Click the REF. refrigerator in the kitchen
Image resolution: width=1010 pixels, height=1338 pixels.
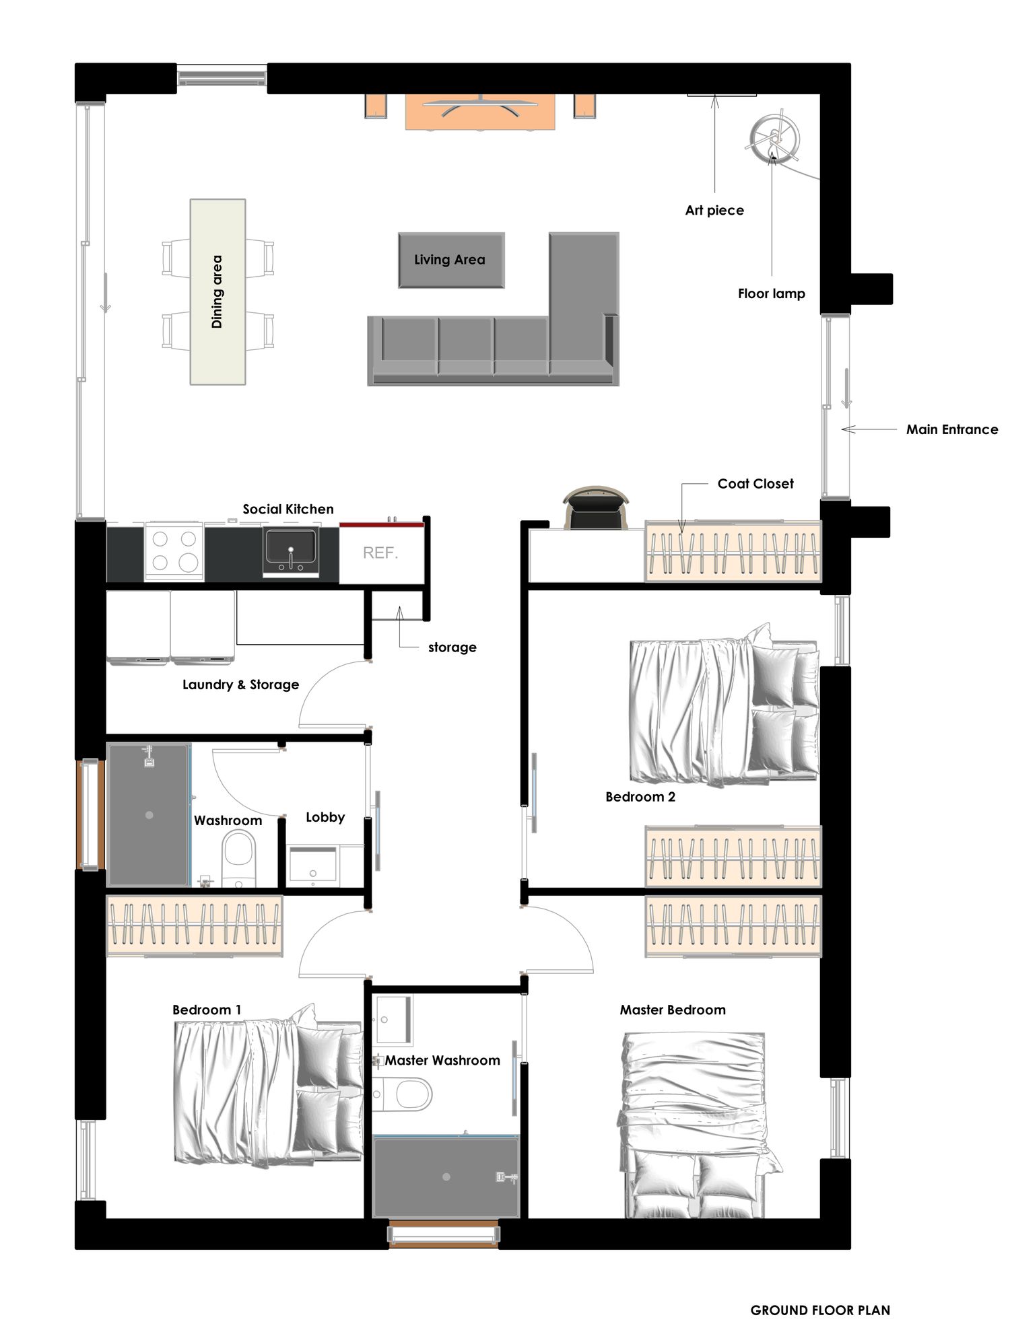pyautogui.click(x=381, y=553)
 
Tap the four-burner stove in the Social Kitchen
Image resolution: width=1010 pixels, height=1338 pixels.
pyautogui.click(x=174, y=551)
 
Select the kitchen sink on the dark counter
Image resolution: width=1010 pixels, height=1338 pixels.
pyautogui.click(x=291, y=553)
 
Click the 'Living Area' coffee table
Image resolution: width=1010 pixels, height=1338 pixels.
pyautogui.click(x=451, y=260)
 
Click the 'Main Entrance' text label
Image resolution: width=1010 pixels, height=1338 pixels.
pyautogui.click(x=952, y=429)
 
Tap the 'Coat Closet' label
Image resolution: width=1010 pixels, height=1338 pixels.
pyautogui.click(x=755, y=483)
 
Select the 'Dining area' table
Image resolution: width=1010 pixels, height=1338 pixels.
pyautogui.click(x=217, y=291)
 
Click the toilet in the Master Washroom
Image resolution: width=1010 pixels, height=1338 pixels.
pyautogui.click(x=402, y=1094)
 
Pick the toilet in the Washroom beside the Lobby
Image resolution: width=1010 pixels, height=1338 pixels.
pyautogui.click(x=238, y=857)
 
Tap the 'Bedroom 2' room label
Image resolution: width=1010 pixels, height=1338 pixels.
pyautogui.click(x=640, y=797)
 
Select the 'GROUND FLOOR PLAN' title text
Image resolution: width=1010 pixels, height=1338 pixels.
pyautogui.click(x=820, y=1310)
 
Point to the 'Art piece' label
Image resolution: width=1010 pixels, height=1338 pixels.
pyautogui.click(x=714, y=211)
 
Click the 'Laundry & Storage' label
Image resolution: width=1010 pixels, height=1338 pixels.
pyautogui.click(x=240, y=684)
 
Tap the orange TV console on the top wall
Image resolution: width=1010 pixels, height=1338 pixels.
pyautogui.click(x=480, y=112)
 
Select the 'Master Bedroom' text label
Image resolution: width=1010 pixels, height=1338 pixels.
pyautogui.click(x=673, y=1010)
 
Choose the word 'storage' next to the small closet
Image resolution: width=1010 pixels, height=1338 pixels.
pyautogui.click(x=452, y=647)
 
